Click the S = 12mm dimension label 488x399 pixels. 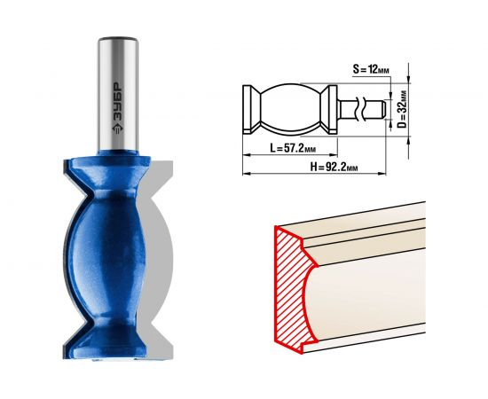(371, 69)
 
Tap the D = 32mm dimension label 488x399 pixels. (402, 109)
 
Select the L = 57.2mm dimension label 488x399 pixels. (293, 148)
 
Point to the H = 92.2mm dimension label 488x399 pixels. (334, 168)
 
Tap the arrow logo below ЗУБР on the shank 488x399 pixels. (118, 129)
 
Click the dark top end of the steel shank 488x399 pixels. (118, 40)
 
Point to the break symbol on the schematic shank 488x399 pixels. (361, 109)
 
